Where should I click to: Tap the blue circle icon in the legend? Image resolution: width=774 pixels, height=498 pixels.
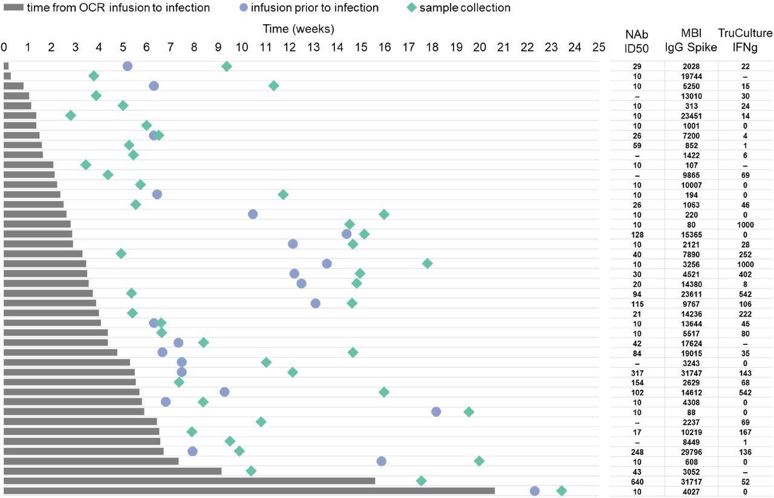(243, 8)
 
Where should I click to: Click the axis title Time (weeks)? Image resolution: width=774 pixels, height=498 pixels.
(298, 28)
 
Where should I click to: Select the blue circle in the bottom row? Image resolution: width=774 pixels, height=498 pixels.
(535, 491)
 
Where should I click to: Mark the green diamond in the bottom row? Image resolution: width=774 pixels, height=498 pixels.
(562, 491)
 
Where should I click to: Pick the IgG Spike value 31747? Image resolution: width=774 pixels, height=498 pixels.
(691, 373)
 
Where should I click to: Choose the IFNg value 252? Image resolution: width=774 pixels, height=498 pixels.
(745, 254)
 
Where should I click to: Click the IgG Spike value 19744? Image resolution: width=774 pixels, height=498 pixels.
(691, 76)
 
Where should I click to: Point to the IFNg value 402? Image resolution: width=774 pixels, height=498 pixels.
(745, 274)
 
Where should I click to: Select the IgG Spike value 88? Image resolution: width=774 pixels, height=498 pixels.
(691, 412)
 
